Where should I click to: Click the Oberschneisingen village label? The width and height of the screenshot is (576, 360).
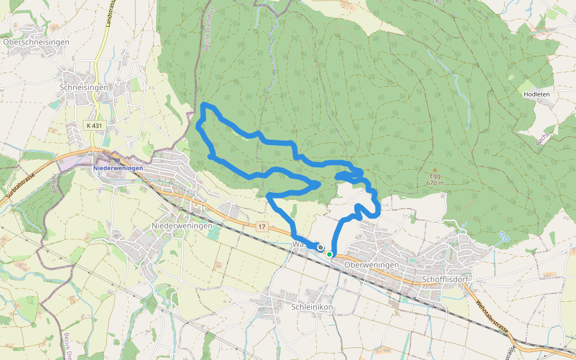[x=36, y=43]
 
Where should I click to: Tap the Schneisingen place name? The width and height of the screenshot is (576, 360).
[x=84, y=88]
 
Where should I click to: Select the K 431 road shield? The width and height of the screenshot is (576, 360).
[x=94, y=125]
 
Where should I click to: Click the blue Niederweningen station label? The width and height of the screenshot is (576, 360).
[x=118, y=168]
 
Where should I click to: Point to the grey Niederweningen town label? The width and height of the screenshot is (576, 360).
[x=182, y=226]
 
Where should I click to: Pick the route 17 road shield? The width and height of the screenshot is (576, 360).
[x=262, y=226]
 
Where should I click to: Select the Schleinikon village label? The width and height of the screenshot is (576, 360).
[x=311, y=307]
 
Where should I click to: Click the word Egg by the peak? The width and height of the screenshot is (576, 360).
[x=435, y=176]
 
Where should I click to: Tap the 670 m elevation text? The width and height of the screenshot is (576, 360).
[x=435, y=183]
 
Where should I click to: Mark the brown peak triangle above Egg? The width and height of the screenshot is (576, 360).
[x=435, y=169]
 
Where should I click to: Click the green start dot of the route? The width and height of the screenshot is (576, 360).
[x=329, y=254]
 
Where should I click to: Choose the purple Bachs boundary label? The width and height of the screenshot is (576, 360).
[x=542, y=139]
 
